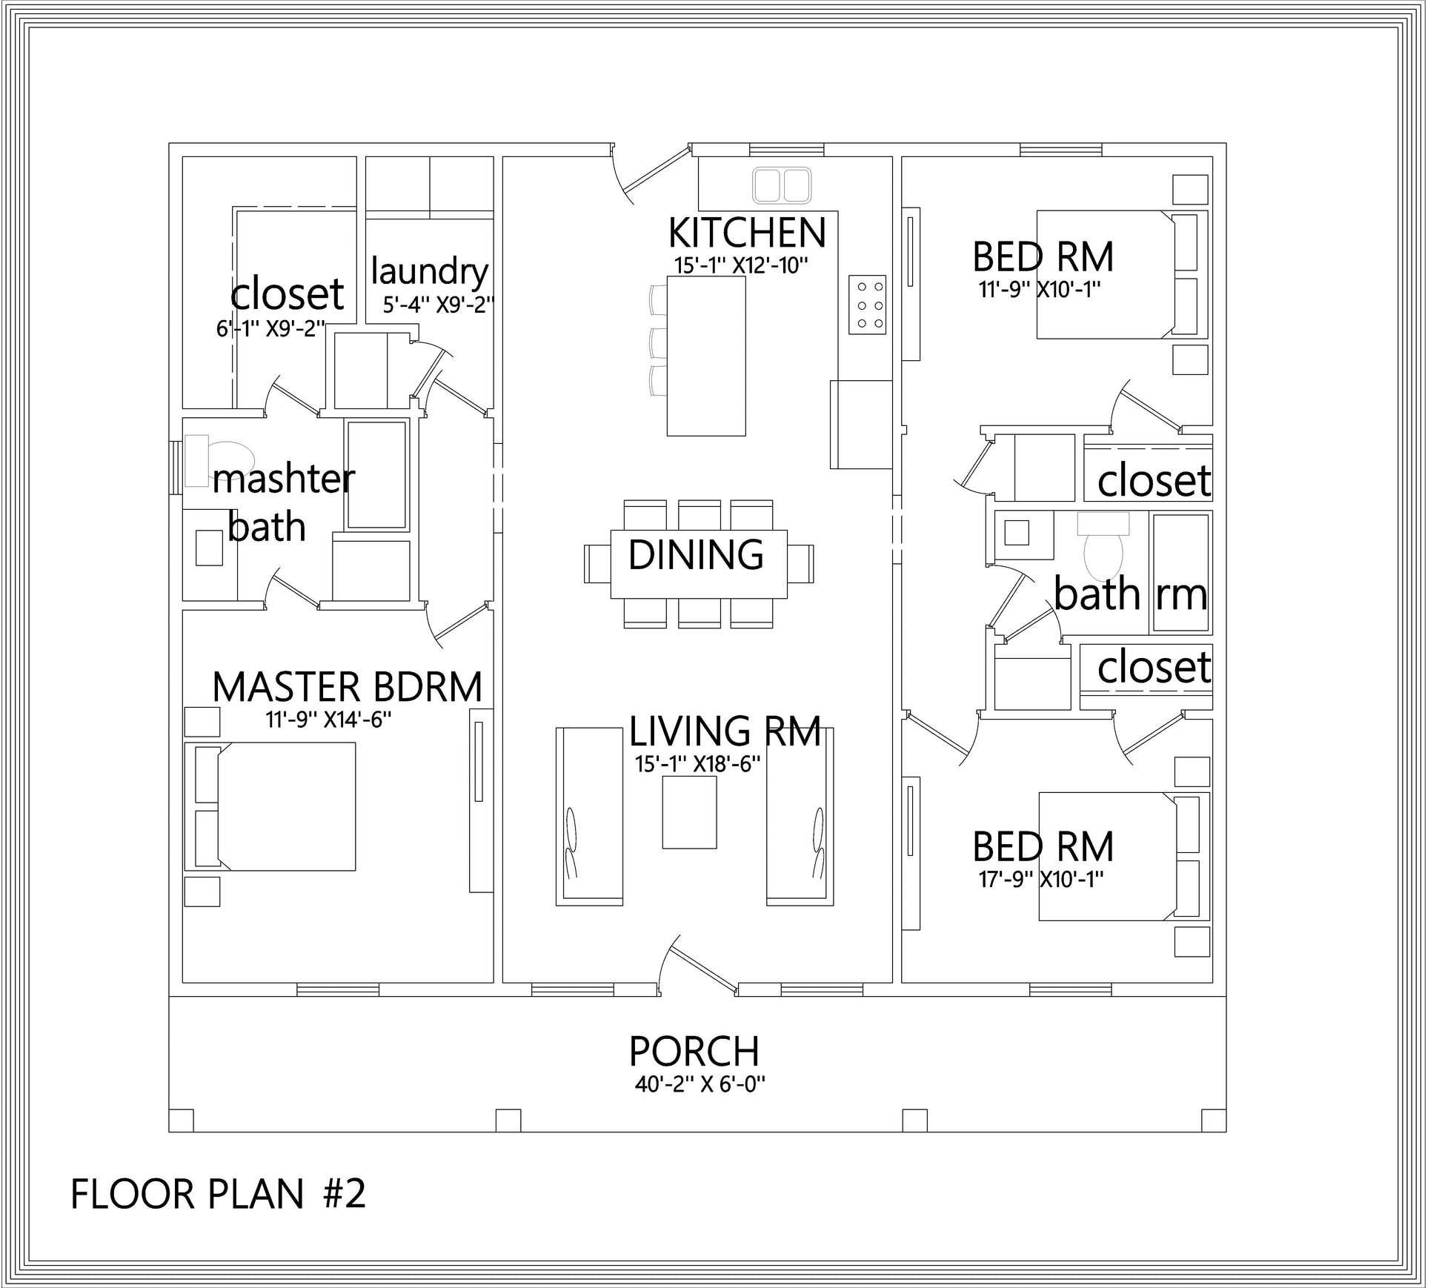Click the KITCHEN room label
point(746,233)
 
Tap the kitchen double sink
point(782,185)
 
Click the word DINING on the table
point(696,554)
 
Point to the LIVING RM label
point(725,731)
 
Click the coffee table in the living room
point(689,814)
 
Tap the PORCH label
point(694,1051)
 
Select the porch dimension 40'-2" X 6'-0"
point(700,1084)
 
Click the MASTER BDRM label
point(347,687)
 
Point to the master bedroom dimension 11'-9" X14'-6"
point(328,719)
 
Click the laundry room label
point(430,271)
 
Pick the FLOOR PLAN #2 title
point(218,1194)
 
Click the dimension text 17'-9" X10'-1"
point(1041,880)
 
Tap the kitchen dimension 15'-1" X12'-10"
point(740,265)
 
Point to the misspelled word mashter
point(283,479)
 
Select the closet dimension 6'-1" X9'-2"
point(270,328)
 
